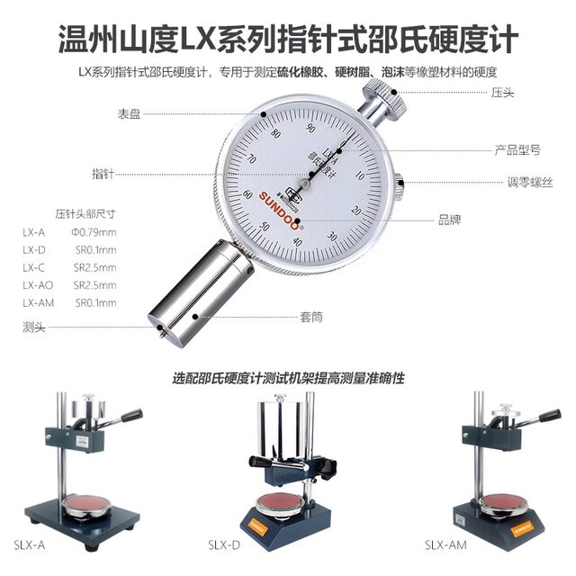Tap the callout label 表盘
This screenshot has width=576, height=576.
coord(129,114)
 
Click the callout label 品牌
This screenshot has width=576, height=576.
coord(449,219)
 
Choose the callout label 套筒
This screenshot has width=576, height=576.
coord(311,317)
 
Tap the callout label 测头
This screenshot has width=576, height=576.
coord(33,326)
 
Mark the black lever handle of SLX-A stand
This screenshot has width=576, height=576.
coord(126,416)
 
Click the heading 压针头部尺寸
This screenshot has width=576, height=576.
coord(85,213)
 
